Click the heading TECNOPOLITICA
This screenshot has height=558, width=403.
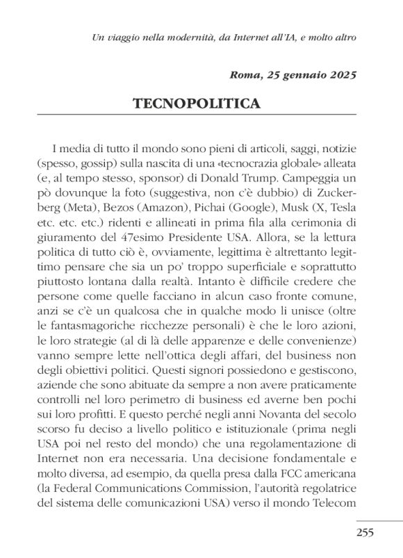point(197,104)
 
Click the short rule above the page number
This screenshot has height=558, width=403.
point(379,520)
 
